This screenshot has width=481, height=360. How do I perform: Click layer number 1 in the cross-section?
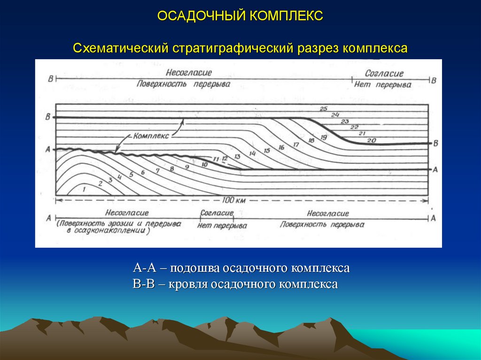pos(84,189)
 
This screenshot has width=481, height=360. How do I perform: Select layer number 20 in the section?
pos(372,140)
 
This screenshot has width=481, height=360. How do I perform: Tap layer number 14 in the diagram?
pos(252,153)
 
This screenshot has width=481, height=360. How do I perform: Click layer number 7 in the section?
pos(158,171)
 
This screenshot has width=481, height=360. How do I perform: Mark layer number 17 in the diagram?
pos(295,145)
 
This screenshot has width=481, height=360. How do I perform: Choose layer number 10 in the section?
pos(204,165)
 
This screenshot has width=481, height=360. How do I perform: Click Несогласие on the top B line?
pos(188,73)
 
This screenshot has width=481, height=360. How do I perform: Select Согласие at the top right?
pos(384,74)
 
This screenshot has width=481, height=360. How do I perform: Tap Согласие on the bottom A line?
pos(217,214)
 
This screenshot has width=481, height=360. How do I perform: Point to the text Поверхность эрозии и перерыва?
pos(120,224)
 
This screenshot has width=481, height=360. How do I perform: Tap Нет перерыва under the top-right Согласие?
pos(382,85)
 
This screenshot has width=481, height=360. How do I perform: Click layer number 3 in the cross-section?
pos(110,180)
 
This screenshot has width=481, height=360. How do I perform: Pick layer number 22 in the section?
pos(354,127)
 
